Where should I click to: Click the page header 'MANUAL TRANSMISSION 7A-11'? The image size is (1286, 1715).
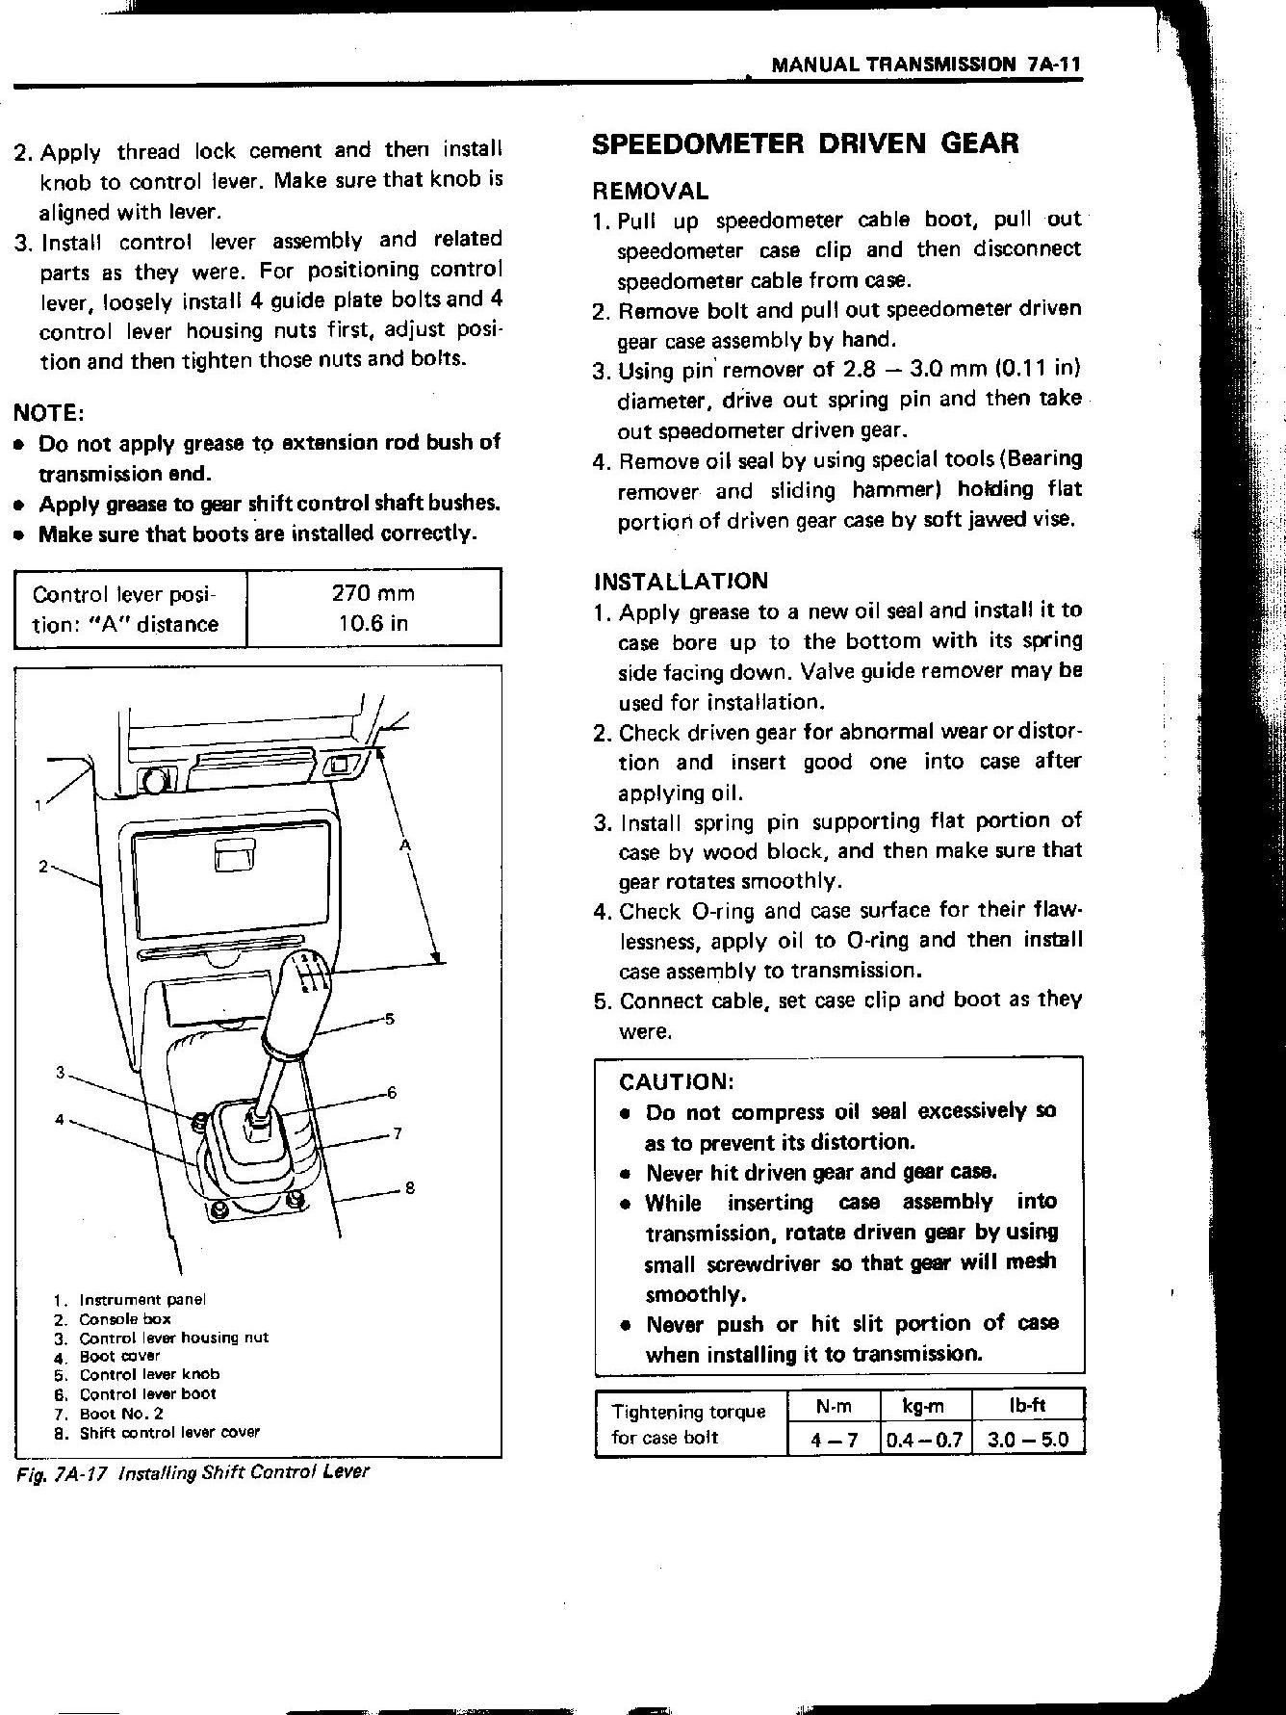(x=928, y=65)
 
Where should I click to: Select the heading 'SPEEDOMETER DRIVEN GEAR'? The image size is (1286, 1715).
(x=804, y=144)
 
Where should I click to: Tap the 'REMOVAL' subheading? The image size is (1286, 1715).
(x=650, y=191)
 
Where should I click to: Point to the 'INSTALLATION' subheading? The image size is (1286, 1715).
(x=681, y=581)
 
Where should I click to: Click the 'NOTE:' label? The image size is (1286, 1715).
(x=49, y=413)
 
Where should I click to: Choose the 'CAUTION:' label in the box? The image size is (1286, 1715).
(x=677, y=1081)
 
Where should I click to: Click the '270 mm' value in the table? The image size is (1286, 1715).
(x=373, y=593)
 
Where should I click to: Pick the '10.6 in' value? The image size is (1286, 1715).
(x=373, y=623)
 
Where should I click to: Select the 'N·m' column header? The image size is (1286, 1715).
(x=833, y=1406)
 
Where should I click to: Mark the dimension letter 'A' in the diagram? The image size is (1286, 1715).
(x=405, y=845)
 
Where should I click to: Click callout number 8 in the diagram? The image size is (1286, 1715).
(x=410, y=1188)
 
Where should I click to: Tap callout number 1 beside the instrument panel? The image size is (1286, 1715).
(x=39, y=805)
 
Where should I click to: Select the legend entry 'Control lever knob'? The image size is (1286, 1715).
(x=149, y=1374)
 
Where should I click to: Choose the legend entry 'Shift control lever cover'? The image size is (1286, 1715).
(x=169, y=1432)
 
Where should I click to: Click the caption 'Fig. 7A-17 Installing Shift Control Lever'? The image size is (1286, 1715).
(x=193, y=1472)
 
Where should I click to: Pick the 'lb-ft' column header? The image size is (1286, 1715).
(x=1027, y=1406)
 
